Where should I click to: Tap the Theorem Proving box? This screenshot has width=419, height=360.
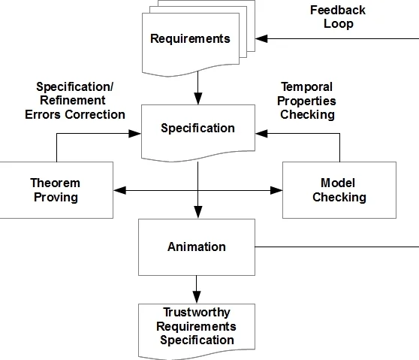(x=55, y=190)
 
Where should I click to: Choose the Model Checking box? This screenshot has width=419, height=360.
(x=339, y=190)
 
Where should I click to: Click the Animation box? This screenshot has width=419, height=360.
(x=196, y=247)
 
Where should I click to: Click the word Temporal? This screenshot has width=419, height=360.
(x=306, y=87)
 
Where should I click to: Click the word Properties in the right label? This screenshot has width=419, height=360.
(x=308, y=101)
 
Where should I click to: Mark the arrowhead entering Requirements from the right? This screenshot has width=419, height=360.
(x=261, y=37)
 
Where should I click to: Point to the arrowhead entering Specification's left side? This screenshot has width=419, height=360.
(x=136, y=133)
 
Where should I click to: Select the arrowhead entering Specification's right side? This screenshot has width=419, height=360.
(x=260, y=133)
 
